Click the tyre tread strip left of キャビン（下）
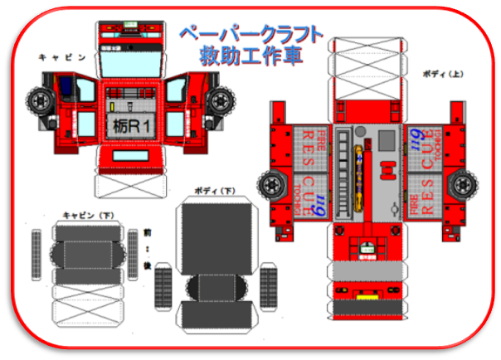(36, 252)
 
